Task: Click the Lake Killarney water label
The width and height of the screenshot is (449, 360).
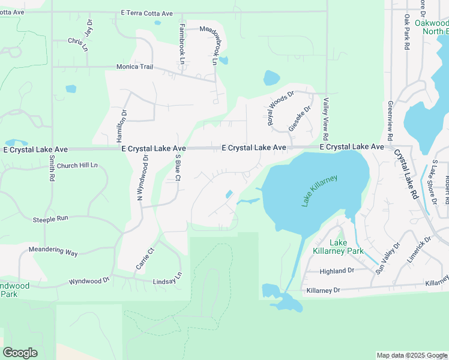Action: coord(320,191)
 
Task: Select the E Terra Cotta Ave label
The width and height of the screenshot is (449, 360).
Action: coord(146,13)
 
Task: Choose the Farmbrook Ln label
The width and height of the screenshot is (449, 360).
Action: coord(181,44)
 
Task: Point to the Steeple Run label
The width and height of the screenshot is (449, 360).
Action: coord(50,220)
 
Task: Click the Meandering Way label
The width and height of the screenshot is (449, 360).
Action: coord(53,251)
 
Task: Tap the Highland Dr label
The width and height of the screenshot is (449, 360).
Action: coord(338,271)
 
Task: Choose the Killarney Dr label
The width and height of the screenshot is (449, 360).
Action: coord(323,290)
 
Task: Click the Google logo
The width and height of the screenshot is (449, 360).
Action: coord(20,353)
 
